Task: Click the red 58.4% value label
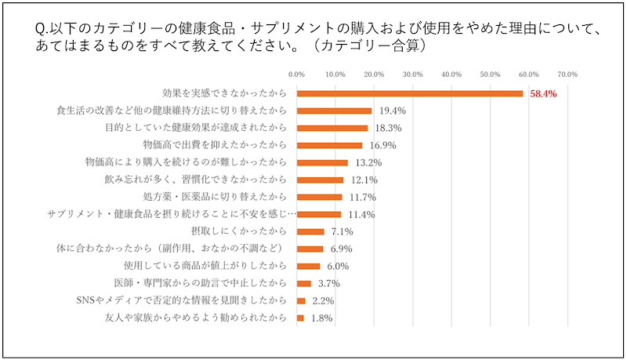click(543, 93)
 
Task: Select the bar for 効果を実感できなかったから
click(410, 93)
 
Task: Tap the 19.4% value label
click(392, 111)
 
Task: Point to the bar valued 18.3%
click(332, 128)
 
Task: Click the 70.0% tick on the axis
click(567, 75)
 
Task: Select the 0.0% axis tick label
click(297, 75)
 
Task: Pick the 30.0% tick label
click(412, 75)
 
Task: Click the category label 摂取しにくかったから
click(245, 231)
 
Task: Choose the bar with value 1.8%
click(301, 318)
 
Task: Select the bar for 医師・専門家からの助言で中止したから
click(304, 283)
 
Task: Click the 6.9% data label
click(339, 249)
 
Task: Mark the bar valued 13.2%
click(322, 162)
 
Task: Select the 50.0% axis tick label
click(490, 75)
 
